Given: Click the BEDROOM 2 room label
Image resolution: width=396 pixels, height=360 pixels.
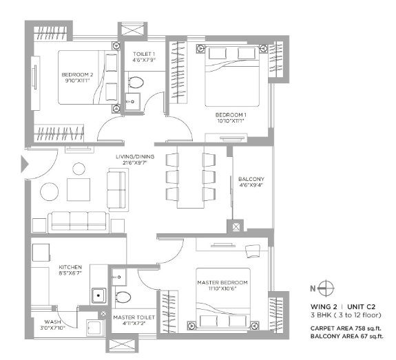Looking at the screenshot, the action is coord(77,75).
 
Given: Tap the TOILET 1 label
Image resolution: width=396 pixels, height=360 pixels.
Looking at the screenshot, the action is coord(144,54).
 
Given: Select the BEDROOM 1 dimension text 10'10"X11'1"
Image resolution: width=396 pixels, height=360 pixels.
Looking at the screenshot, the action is coord(231,120).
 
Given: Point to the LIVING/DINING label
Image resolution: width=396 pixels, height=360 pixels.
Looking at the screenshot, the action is coord(135,157).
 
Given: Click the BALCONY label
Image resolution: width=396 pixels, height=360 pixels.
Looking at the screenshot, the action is coord(251,179).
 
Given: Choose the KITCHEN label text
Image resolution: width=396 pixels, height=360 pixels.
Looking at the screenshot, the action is coord(70,267).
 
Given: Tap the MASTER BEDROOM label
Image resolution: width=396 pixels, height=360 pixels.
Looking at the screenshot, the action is coord(222,282).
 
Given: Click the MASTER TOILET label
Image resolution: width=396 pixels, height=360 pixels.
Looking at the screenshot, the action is coord(134,317).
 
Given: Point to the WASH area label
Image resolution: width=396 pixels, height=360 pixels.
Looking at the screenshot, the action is coord(52,322).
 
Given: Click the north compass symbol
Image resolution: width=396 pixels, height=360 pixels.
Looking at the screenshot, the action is coord(326,288).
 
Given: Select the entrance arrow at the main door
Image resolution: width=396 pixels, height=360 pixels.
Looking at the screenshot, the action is coord(25,164).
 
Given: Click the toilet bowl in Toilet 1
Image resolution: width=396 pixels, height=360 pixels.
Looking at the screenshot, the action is coord(136,83).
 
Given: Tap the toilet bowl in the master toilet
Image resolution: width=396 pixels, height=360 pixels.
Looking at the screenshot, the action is coord(123,297).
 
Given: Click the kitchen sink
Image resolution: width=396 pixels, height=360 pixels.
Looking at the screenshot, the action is coord(98,295).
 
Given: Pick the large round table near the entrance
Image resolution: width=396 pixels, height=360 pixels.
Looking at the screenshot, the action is coord(50,191).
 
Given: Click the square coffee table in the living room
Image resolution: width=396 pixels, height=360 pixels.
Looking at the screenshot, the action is coord(79,189).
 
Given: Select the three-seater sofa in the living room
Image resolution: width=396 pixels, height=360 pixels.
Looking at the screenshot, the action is coord(79,222).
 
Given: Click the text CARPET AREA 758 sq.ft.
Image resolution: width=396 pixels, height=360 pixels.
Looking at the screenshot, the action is coord(346,328).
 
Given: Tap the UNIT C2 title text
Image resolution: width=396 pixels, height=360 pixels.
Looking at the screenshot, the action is coord(361,307).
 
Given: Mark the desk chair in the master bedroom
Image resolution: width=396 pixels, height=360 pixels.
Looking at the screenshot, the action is coord(253,251).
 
